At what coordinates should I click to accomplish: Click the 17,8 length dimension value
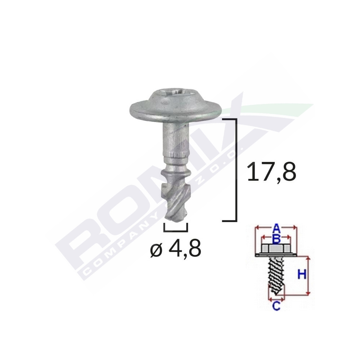[x=271, y=172]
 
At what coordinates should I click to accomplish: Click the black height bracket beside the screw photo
[x=235, y=169]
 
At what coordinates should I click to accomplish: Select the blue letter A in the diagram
[x=276, y=228]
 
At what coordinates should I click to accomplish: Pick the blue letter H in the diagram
[x=302, y=275]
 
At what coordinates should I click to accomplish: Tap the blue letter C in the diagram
[x=276, y=306]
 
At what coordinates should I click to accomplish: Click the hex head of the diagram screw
[x=276, y=248]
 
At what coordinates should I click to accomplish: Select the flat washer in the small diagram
[x=276, y=255]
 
